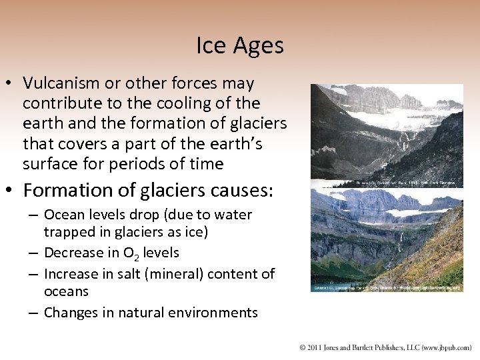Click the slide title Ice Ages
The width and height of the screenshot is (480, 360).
pyautogui.click(x=240, y=45)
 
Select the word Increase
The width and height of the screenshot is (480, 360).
pyautogui.click(x=71, y=273)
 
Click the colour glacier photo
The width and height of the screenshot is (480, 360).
pyautogui.click(x=387, y=237)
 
